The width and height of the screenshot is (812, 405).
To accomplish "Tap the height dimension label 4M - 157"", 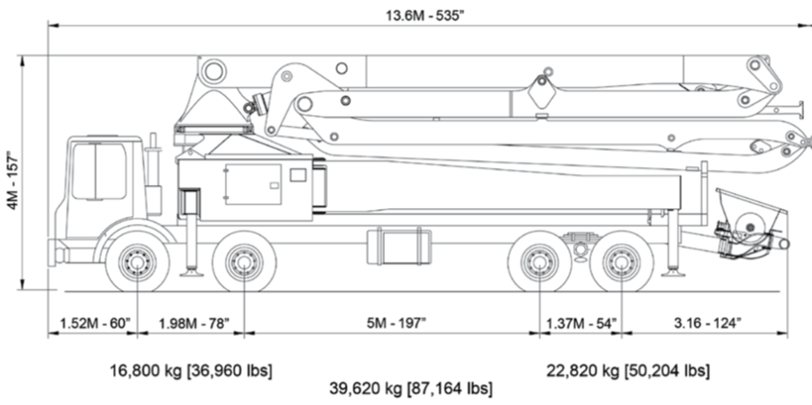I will coord(11,173).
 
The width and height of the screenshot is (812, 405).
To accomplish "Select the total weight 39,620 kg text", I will coord(411,389).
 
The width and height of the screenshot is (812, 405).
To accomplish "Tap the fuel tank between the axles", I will coord(398,246).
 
